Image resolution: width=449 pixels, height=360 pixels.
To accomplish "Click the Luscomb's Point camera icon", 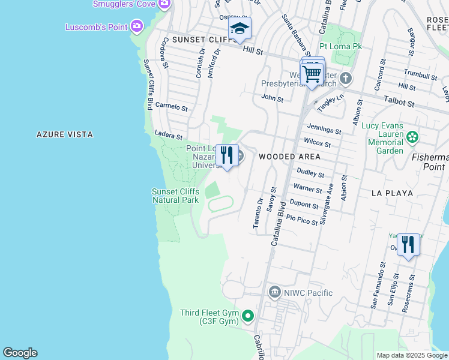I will pyautogui.click(x=137, y=26).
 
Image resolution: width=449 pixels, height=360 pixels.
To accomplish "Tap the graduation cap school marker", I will pyautogui.click(x=240, y=28).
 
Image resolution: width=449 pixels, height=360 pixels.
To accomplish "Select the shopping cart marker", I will pyautogui.click(x=312, y=74).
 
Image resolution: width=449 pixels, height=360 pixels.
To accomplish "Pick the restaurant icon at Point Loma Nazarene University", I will pyautogui.click(x=227, y=155).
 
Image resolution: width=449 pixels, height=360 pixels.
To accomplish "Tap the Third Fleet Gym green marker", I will pyautogui.click(x=247, y=315).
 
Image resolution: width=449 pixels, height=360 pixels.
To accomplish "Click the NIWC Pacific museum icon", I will pyautogui.click(x=275, y=292).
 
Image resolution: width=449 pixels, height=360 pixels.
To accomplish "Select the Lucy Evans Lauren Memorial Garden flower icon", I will pyautogui.click(x=412, y=137).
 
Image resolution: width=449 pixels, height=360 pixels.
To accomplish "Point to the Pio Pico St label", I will pyautogui.click(x=302, y=220).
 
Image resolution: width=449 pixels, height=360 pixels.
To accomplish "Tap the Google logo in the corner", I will pyautogui.click(x=20, y=353).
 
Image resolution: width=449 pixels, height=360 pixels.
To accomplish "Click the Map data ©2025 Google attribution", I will pyautogui.click(x=412, y=355).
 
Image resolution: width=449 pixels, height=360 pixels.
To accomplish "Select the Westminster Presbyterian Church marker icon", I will pyautogui.click(x=346, y=78).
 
